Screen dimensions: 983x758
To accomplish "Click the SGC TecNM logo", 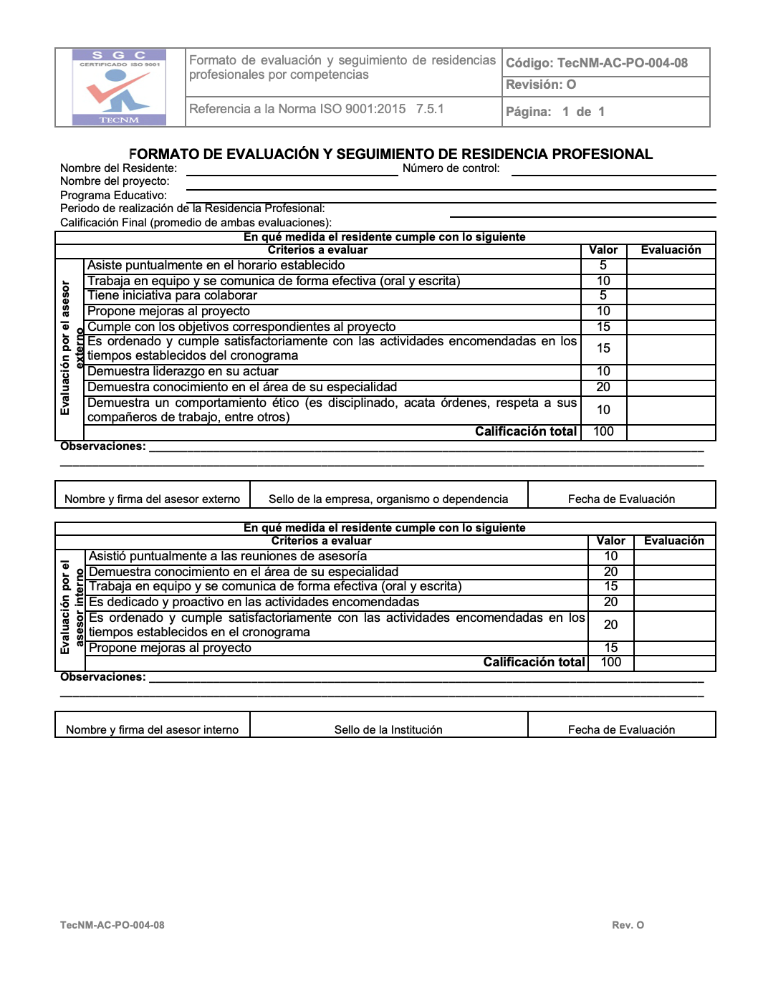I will pyautogui.click(x=119, y=87).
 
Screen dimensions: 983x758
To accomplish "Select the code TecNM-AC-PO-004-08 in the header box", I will pyautogui.click(x=597, y=63).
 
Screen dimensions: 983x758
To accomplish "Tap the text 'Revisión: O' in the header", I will pyautogui.click(x=541, y=85).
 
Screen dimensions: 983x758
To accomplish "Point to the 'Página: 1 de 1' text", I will pyautogui.click(x=555, y=112).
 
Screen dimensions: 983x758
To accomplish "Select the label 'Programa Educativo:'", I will pyautogui.click(x=113, y=195).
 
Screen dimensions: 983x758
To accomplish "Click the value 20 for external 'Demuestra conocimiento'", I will pyautogui.click(x=603, y=387).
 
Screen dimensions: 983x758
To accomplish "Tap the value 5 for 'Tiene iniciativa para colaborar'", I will pyautogui.click(x=603, y=295).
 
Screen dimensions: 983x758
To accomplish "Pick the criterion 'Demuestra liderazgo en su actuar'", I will pyautogui.click(x=183, y=371).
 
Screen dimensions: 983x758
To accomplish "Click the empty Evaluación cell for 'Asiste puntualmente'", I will pyautogui.click(x=671, y=266).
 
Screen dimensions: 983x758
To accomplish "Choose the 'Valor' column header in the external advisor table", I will pyautogui.click(x=603, y=250).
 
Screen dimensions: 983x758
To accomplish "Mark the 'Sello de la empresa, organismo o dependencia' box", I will pyautogui.click(x=388, y=499).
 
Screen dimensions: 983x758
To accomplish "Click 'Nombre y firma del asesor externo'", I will pyautogui.click(x=152, y=499).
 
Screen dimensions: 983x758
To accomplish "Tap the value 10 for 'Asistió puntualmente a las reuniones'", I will pyautogui.click(x=610, y=556).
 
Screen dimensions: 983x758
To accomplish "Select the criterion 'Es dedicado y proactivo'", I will pyautogui.click(x=254, y=602).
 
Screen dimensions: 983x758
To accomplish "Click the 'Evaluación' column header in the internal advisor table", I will pyautogui.click(x=673, y=541).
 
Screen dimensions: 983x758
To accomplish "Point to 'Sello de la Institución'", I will pyautogui.click(x=388, y=729).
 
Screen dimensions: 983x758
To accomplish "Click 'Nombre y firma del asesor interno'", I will pyautogui.click(x=152, y=729).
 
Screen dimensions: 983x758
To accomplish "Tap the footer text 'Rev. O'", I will pyautogui.click(x=628, y=925).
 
